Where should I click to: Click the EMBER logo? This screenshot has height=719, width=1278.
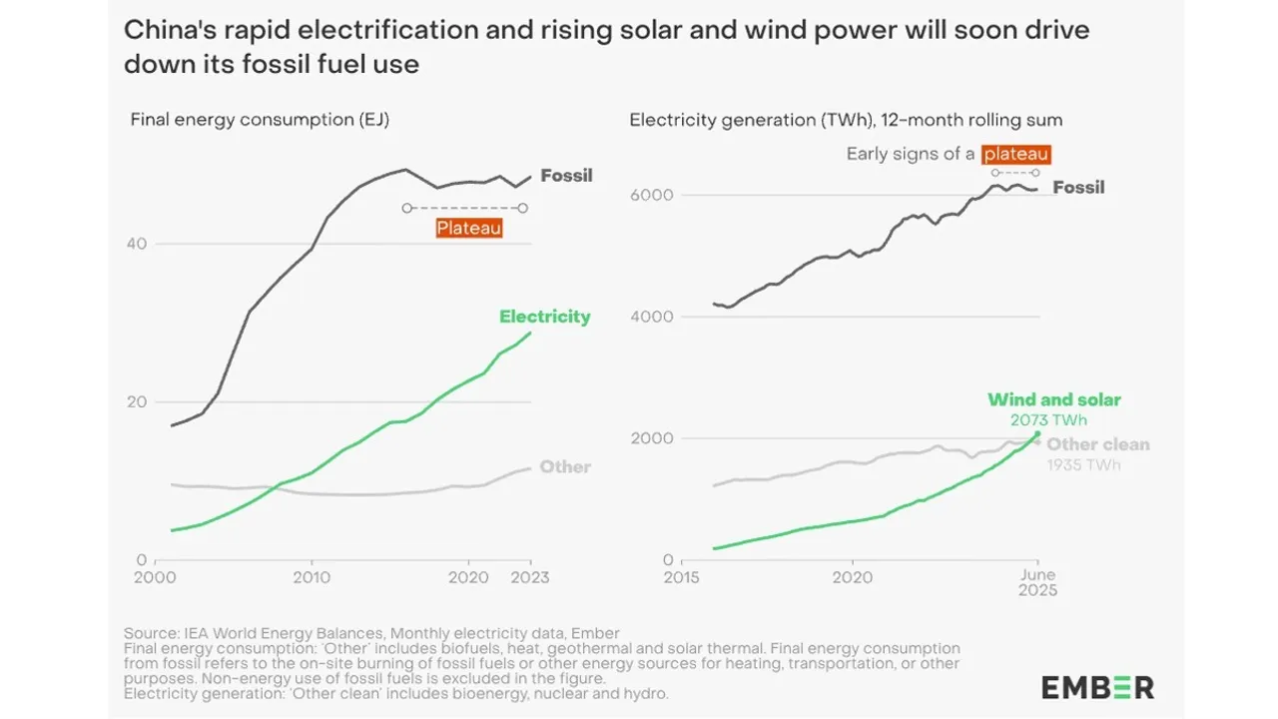[x=1097, y=687]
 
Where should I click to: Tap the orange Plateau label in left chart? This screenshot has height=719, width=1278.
[x=468, y=228]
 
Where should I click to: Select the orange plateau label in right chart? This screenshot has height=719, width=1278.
[x=1015, y=154]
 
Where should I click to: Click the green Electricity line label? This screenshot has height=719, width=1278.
[x=544, y=317]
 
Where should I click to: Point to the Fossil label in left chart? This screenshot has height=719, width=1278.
[x=566, y=176]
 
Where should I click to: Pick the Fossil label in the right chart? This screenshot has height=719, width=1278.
[x=1078, y=187]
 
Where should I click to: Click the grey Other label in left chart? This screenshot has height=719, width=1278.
[x=565, y=466]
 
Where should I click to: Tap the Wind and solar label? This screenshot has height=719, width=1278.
[x=1053, y=399]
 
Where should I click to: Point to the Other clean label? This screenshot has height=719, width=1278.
[x=1099, y=444]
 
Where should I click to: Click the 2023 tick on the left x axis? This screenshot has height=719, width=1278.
[x=529, y=577]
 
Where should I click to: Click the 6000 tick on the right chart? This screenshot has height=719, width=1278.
[x=649, y=195]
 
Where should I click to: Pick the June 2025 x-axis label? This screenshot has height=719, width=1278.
[x=1037, y=583]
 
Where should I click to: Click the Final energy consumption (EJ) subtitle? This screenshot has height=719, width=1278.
[x=260, y=120]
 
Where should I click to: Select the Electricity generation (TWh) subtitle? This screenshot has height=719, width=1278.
[x=846, y=120]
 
